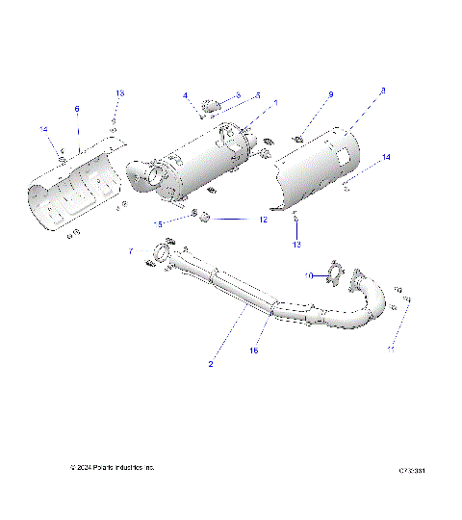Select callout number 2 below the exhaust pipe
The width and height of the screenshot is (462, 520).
click(210, 365)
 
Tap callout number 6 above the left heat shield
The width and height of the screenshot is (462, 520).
click(77, 110)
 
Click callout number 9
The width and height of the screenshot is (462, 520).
click(330, 95)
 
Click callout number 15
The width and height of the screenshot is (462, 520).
click(157, 223)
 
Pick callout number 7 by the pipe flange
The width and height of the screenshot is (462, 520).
click(130, 251)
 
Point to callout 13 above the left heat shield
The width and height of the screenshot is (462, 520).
click(119, 93)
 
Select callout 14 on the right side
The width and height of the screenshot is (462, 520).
click(386, 156)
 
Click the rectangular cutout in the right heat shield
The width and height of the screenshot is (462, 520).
click(344, 156)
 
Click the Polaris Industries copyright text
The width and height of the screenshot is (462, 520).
click(112, 468)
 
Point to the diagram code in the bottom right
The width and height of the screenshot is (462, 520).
click(412, 471)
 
